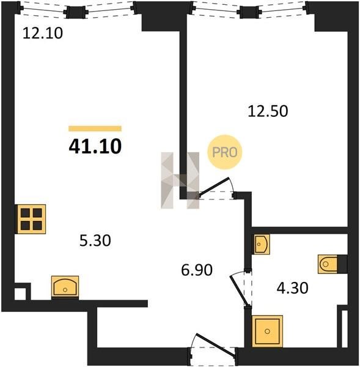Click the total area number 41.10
coord(95,147)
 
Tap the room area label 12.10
coord(43,33)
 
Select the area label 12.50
coord(268,111)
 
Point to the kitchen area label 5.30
coord(95,240)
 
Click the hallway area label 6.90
coord(197,270)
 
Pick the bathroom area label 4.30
coord(292,288)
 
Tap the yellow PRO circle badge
coord(224,152)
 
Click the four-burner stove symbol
coord(31,219)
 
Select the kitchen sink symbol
coord(65,287)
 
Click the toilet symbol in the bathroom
coord(328,264)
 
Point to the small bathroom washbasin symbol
coord(262,244)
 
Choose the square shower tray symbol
coord(267,331)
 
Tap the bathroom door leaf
coord(238,291)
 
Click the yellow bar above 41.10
coord(95,128)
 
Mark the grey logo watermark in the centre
coord(180,180)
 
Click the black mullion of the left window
coord(76,12)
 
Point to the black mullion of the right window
coord(249,12)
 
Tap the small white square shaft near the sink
coord(20,294)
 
